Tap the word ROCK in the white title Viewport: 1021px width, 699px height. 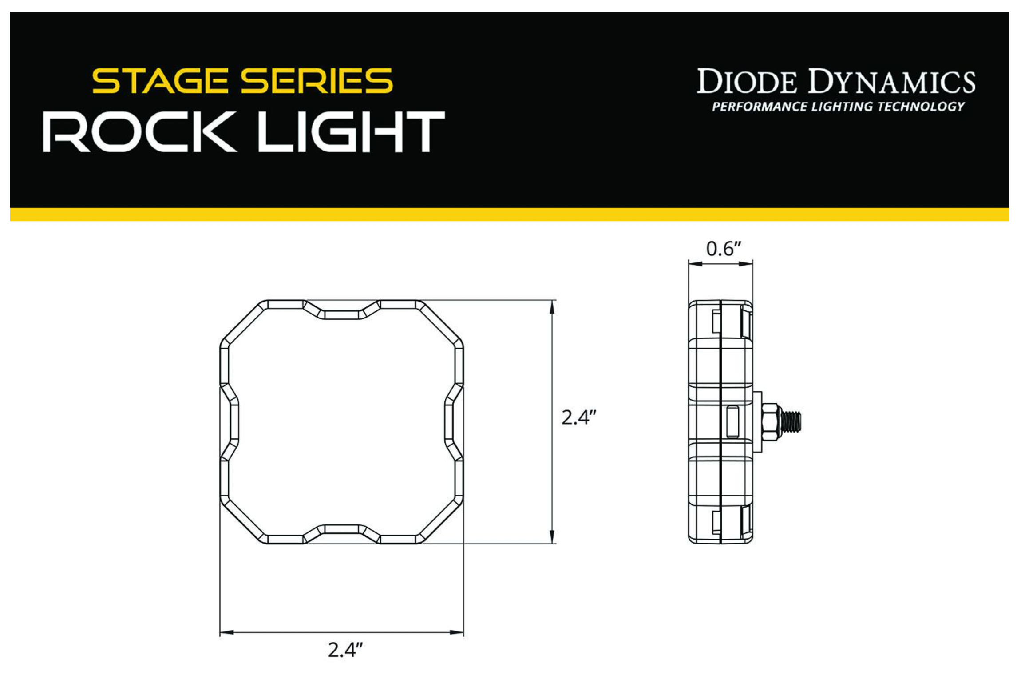pyautogui.click(x=139, y=131)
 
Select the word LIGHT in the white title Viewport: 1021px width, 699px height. pyautogui.click(x=351, y=131)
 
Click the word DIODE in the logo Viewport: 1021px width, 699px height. pyautogui.click(x=746, y=82)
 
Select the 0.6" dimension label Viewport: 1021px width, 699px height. pyautogui.click(x=723, y=249)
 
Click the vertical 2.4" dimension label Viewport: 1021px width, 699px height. pyautogui.click(x=578, y=417)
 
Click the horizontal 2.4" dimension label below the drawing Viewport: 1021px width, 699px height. pyautogui.click(x=345, y=650)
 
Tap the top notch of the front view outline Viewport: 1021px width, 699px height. pyautogui.click(x=341, y=314)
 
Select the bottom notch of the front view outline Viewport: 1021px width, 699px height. pyautogui.click(x=341, y=529)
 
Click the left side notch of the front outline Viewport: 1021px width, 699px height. pyautogui.click(x=233, y=421)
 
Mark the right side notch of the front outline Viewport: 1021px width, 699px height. pyautogui.click(x=449, y=421)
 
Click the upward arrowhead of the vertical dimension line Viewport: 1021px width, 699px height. pyautogui.click(x=552, y=306)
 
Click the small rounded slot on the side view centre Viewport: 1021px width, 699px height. pyautogui.click(x=733, y=421)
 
